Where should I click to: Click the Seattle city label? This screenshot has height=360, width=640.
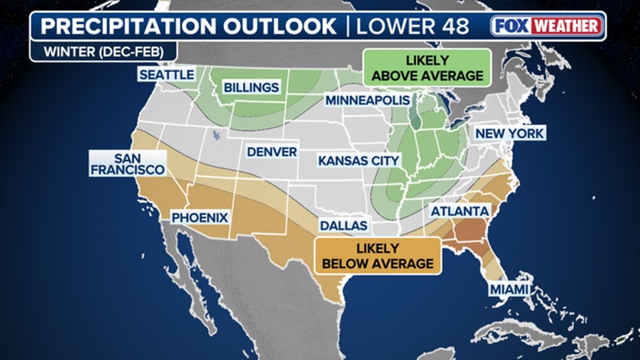(x=167, y=75)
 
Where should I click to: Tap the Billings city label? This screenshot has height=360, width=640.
(x=251, y=87)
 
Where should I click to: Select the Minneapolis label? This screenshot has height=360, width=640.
(x=367, y=101)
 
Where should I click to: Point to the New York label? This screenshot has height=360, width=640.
(x=510, y=133)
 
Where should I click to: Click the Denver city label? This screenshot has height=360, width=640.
(x=272, y=151)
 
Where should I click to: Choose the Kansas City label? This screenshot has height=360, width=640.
(x=358, y=161)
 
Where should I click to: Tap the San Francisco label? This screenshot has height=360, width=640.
(x=127, y=163)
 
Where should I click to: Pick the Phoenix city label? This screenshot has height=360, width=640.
(x=199, y=217)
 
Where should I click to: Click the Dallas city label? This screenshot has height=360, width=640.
(x=343, y=225)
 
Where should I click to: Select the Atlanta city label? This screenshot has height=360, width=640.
(x=459, y=211)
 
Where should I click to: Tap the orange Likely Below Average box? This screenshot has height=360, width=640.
(x=376, y=256)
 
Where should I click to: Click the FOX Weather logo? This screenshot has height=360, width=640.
(x=547, y=26)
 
